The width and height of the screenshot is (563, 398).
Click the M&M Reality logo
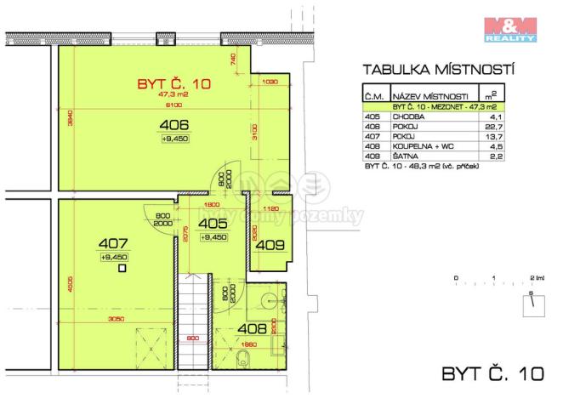[x=509, y=28]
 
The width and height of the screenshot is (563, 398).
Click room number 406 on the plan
[x=174, y=127]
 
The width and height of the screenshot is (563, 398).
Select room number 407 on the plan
[x=113, y=242]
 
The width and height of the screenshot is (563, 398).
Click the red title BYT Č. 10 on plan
[x=173, y=84]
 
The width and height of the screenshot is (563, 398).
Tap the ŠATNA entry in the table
[x=407, y=156]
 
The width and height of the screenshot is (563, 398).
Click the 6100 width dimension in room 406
[x=173, y=105]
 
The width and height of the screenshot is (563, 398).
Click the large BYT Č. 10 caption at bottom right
[x=492, y=372]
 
